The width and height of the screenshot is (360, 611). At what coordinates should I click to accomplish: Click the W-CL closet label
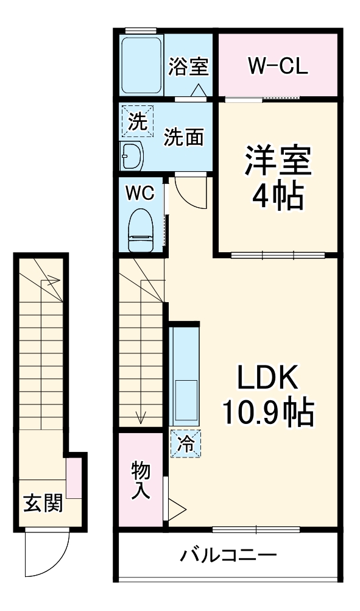point(277,65)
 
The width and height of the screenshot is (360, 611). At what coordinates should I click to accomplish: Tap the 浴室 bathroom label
point(188,66)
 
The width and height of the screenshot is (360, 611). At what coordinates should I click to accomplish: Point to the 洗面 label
point(183,137)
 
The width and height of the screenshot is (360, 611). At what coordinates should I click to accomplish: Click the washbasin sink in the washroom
point(132,156)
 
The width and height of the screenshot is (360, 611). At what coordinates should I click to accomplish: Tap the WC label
point(139,193)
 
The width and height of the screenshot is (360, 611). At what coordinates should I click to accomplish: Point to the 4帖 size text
point(278,196)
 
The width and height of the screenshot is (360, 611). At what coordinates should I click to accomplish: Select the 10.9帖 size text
point(267,414)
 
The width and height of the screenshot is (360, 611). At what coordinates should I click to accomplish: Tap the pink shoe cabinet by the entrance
point(74,479)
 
